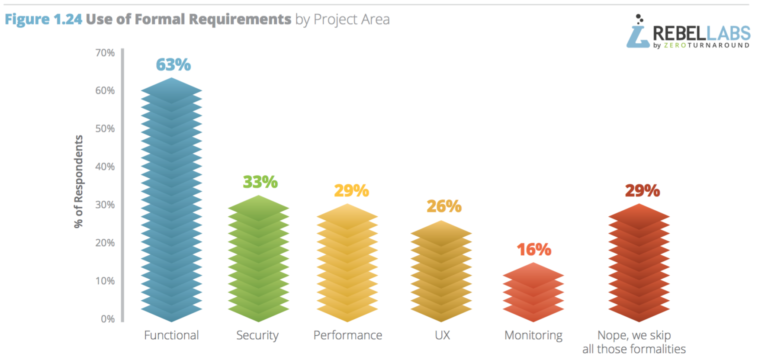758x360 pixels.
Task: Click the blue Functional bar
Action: point(171,200)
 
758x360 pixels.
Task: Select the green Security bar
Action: point(259,259)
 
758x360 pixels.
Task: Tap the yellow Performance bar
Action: point(347,263)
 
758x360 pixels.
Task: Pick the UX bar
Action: point(441,271)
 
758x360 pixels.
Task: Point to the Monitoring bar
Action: point(533,292)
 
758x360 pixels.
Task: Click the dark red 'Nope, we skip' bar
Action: point(639,263)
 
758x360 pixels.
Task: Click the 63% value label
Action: point(173,65)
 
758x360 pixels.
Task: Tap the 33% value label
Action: point(260,182)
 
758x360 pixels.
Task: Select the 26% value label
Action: point(444,206)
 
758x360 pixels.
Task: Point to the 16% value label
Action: point(534,250)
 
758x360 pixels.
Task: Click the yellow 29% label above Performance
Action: point(352,191)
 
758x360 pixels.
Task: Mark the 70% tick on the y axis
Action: point(105,53)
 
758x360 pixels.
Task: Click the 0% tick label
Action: point(108,319)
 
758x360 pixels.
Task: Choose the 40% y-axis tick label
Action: point(105,167)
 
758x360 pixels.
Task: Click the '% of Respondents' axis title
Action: point(78,181)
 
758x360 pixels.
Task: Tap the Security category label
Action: point(257,336)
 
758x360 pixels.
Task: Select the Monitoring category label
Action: point(533,336)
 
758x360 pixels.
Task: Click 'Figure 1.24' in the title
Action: point(43,19)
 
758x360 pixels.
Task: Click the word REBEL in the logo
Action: point(679,33)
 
